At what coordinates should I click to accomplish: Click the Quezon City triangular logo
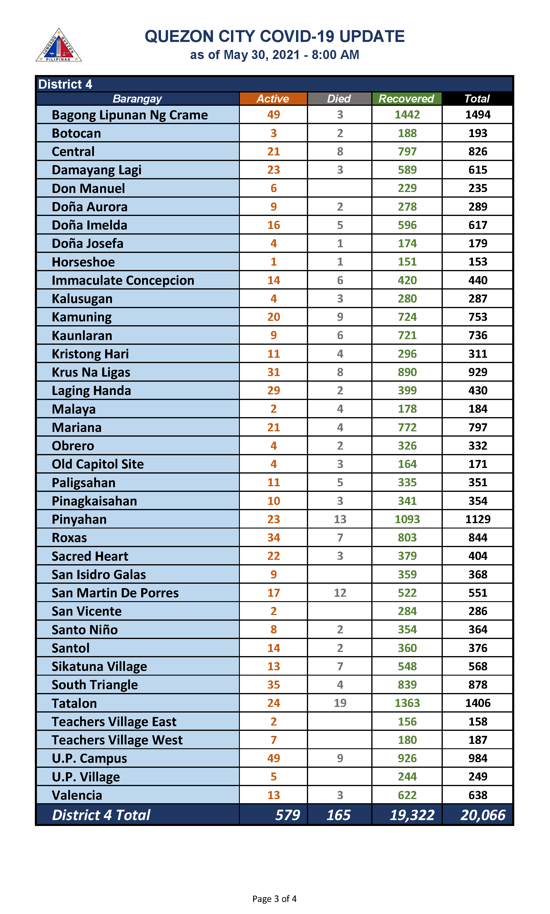tap(58, 45)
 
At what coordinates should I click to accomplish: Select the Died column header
tap(339, 99)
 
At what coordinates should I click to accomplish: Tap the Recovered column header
tap(406, 99)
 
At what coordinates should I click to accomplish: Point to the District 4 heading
tap(65, 84)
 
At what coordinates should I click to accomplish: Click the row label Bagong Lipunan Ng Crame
tap(130, 115)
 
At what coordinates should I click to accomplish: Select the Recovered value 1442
tap(407, 115)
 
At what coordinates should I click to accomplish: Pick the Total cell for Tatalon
tap(477, 703)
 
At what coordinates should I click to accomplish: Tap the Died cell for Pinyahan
tap(340, 519)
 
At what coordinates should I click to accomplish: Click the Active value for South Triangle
tap(274, 684)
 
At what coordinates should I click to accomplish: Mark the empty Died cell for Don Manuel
tap(340, 188)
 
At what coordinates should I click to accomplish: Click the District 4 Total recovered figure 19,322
tap(412, 815)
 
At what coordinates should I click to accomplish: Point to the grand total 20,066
tap(483, 815)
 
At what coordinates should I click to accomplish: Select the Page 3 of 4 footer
tap(274, 898)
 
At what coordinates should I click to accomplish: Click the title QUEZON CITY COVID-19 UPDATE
tap(275, 36)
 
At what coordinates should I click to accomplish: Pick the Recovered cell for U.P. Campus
tap(407, 758)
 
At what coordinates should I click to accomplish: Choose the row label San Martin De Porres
tap(115, 593)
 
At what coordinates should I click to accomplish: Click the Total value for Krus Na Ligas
tap(477, 372)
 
